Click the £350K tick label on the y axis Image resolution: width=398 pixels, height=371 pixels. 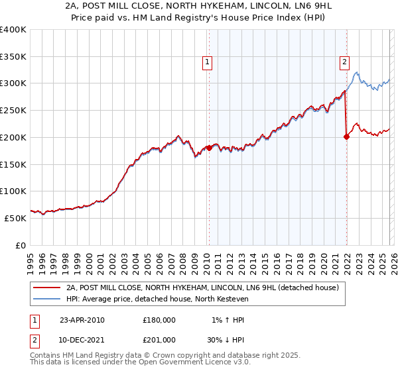[x=13, y=57]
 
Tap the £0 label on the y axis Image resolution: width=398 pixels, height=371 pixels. [x=21, y=245]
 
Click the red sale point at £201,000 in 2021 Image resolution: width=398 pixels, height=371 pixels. [x=346, y=137]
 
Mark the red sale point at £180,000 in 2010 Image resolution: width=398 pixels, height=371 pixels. [x=209, y=148]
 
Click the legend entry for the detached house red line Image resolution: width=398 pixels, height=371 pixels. [x=202, y=288]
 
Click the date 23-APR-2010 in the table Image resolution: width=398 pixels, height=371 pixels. [x=82, y=320]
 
